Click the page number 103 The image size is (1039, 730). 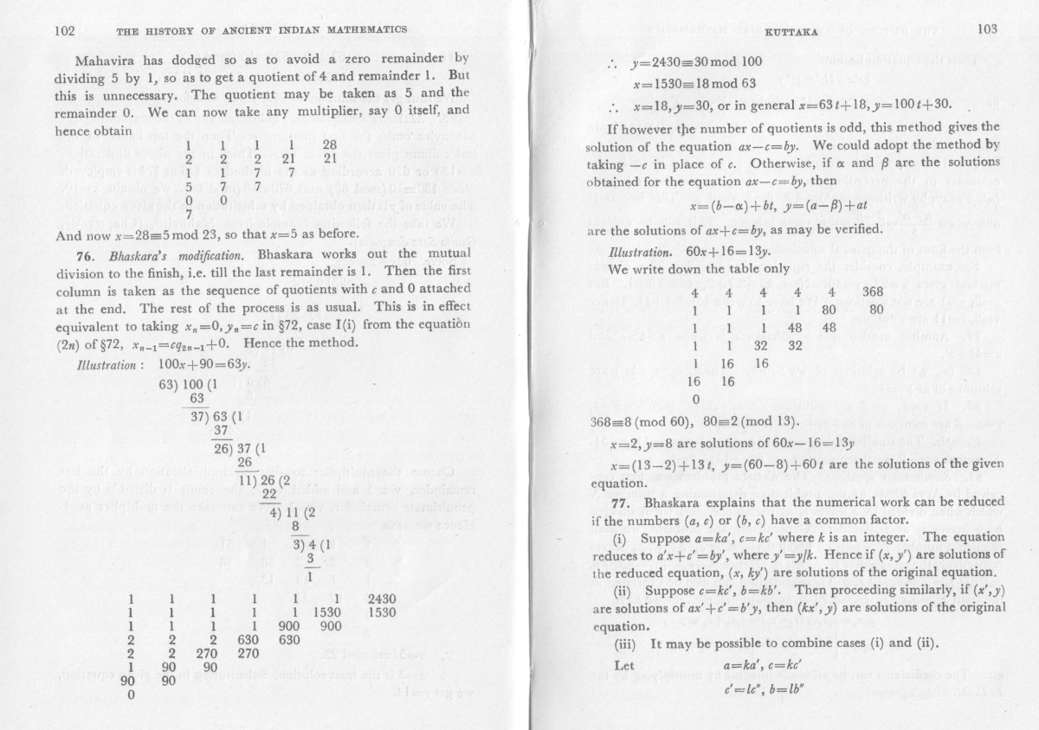click(986, 29)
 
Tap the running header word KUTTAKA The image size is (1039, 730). click(791, 31)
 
